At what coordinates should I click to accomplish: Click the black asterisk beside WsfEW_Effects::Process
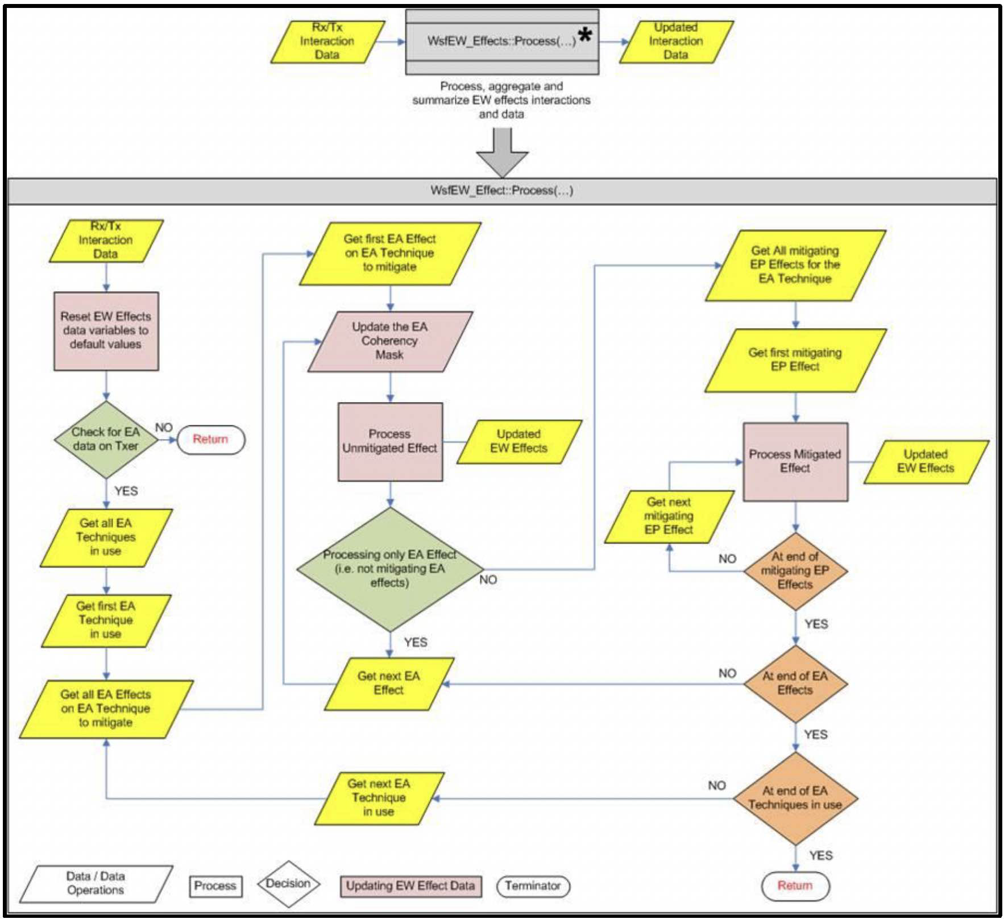[x=585, y=35]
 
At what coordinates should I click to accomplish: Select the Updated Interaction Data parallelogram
[x=676, y=42]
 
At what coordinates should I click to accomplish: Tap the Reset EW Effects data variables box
[x=106, y=331]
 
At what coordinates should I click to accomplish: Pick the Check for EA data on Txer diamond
[x=106, y=439]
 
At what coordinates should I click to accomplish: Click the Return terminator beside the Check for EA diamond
[x=211, y=440]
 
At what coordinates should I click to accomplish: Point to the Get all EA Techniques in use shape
[x=106, y=537]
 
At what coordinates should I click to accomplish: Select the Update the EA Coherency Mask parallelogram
[x=390, y=341]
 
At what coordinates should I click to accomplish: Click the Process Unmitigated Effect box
[x=390, y=442]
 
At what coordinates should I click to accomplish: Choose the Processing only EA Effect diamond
[x=390, y=569]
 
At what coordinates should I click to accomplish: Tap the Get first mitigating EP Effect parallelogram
[x=795, y=360]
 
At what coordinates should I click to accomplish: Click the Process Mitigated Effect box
[x=795, y=461]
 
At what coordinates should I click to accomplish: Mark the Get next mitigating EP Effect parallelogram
[x=669, y=516]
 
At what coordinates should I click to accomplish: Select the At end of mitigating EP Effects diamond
[x=795, y=570]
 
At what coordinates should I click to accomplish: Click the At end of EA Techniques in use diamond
[x=795, y=798]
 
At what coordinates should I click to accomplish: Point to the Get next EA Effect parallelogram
[x=389, y=684]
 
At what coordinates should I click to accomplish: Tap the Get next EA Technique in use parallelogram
[x=379, y=798]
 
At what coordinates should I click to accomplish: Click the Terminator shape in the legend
[x=533, y=886]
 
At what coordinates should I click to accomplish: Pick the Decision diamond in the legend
[x=288, y=884]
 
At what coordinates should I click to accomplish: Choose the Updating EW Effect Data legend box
[x=410, y=886]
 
